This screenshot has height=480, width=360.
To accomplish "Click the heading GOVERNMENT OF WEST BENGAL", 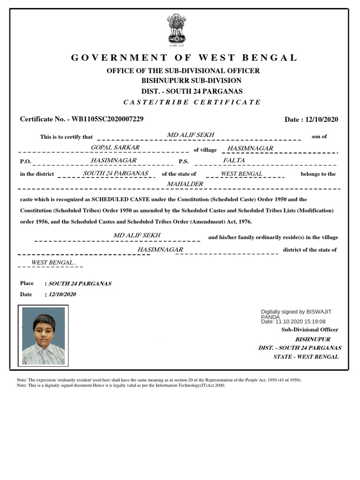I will (184, 58).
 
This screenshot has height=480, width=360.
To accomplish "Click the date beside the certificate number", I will (322, 120).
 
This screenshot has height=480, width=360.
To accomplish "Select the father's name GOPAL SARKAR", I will (115, 148).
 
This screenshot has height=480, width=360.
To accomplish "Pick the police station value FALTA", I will (234, 160).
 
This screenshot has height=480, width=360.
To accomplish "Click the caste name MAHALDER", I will (185, 184).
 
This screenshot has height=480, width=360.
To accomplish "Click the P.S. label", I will (183, 161).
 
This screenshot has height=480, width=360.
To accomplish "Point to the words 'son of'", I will (319, 137).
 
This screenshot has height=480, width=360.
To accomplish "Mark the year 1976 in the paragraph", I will (245, 222).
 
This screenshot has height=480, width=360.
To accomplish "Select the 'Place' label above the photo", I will (27, 283).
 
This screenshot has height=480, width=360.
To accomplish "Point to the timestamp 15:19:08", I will (314, 322).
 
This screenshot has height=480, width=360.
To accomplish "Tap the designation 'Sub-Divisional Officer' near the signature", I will (309, 330).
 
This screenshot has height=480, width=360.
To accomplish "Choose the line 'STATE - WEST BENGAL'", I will (306, 357).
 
